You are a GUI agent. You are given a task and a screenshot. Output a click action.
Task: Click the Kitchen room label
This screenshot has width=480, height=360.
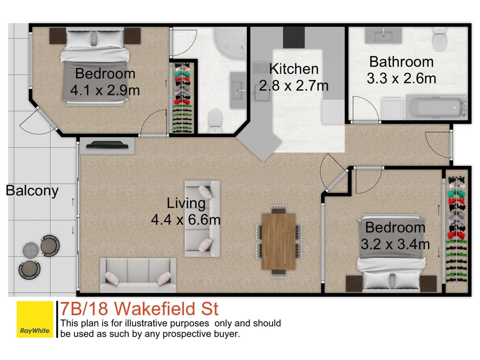[294, 69]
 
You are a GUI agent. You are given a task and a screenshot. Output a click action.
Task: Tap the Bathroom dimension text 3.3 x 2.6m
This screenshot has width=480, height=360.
[401, 79]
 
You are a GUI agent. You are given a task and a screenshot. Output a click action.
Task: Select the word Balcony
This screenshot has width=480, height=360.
[32, 191]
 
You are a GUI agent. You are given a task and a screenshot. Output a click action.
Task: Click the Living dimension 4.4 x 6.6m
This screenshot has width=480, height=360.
[186, 220]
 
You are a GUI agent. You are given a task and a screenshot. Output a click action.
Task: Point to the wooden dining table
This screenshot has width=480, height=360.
[278, 242]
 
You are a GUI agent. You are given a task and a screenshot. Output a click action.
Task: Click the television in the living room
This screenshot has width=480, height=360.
[107, 145]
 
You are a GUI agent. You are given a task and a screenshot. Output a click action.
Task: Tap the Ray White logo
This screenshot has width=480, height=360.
[35, 319]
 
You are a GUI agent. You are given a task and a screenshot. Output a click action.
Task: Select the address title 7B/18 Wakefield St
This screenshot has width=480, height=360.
[139, 309]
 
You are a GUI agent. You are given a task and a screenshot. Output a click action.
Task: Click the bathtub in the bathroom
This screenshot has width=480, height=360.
[436, 107]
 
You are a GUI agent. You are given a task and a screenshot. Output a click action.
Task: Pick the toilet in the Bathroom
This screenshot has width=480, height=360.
[439, 39]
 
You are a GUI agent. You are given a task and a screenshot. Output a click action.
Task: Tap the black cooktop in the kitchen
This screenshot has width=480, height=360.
[294, 37]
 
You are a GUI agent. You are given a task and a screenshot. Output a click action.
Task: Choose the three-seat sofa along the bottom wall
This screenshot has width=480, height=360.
[138, 275]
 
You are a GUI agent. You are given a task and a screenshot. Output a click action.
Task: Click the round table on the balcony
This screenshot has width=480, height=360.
[31, 249]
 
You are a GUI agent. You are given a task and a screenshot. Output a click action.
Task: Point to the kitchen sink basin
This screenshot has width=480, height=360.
[261, 92]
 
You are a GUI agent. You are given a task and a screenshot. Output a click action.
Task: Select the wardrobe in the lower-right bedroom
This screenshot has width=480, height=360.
[457, 229]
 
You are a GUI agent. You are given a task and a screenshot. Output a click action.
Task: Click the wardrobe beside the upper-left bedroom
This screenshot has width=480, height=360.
[183, 98]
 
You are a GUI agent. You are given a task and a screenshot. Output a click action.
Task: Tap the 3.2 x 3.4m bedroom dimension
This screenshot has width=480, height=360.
[395, 244]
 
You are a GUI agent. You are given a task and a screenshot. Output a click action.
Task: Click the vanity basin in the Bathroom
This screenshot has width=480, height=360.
[383, 35]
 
